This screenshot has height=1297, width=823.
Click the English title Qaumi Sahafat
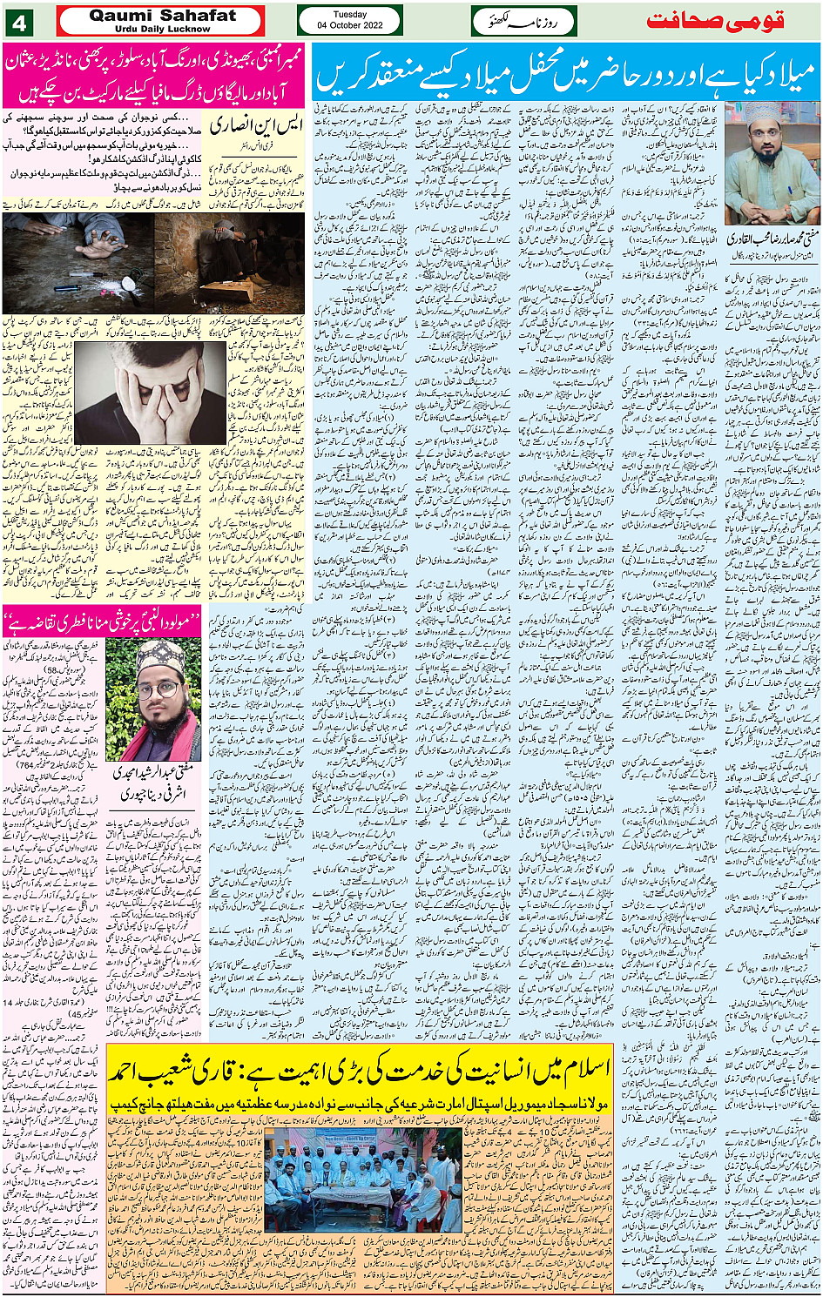162,15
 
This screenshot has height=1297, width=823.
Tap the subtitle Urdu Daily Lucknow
162,29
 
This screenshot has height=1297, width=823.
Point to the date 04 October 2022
349,25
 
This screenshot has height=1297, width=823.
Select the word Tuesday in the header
349,14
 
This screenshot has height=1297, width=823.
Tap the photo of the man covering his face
149,391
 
